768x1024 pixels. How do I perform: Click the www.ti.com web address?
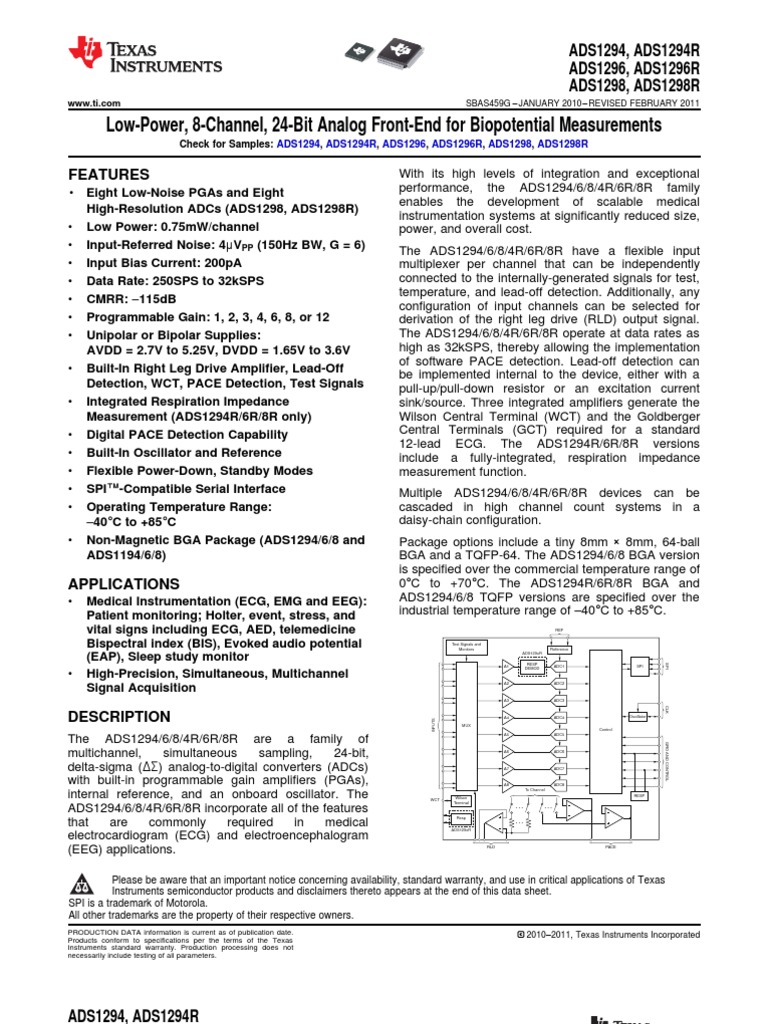pos(94,103)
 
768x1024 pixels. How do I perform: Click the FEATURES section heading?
pos(108,174)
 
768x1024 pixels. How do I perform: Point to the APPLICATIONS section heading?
pos(123,583)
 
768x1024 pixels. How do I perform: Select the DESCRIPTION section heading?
pos(118,717)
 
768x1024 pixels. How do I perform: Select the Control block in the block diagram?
pos(605,730)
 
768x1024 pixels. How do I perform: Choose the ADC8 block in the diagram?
pos(560,785)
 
